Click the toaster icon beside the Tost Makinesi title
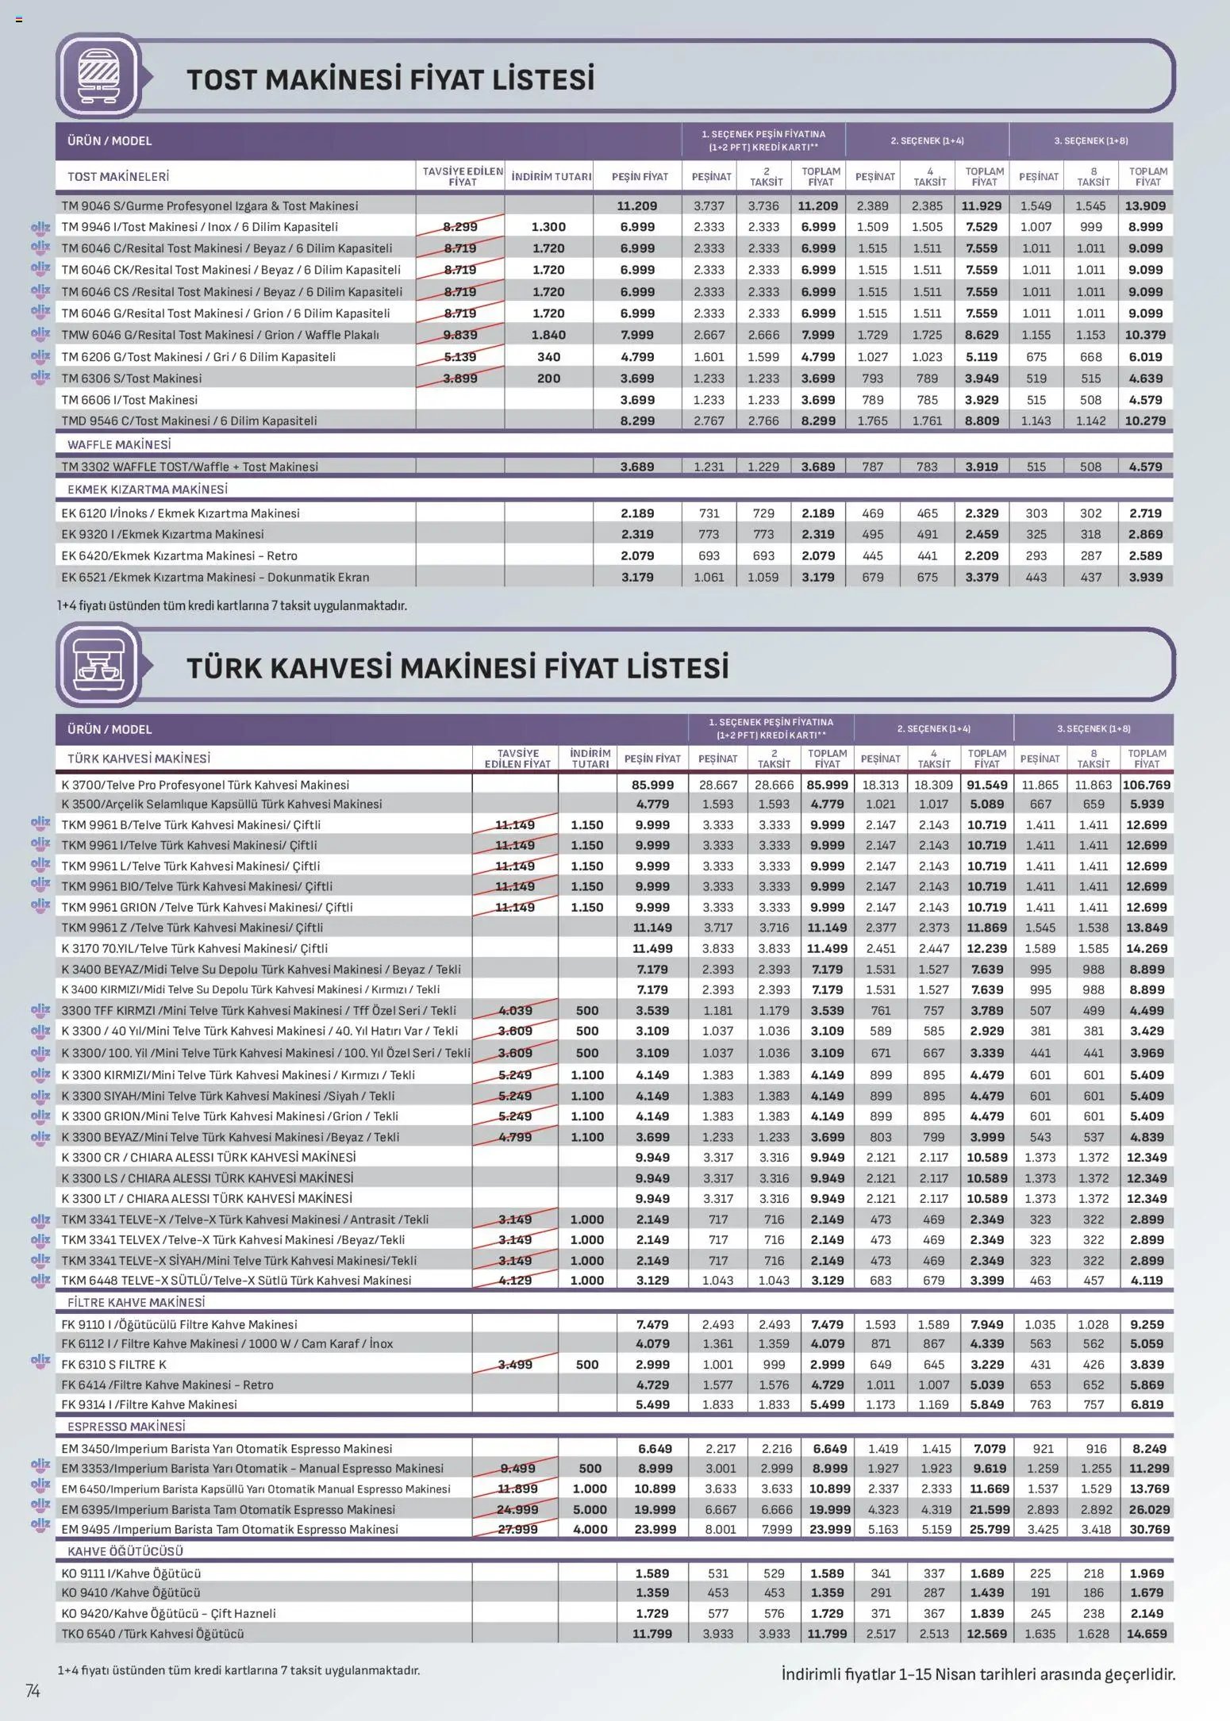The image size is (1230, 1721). click(98, 76)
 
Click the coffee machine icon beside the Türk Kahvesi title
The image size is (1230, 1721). click(98, 664)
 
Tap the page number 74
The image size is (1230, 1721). click(33, 1691)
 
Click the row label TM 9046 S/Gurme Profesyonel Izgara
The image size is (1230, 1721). click(209, 206)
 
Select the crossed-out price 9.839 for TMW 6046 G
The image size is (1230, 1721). click(460, 335)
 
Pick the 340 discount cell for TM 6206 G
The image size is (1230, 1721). click(548, 357)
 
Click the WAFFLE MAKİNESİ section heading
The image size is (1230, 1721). click(119, 444)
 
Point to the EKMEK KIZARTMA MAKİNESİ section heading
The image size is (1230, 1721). click(148, 490)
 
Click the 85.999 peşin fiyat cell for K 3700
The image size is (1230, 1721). click(652, 785)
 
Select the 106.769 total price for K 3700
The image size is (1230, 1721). click(1147, 785)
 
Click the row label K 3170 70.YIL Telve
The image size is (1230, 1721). click(194, 948)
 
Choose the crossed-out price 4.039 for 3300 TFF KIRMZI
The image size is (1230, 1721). click(515, 1010)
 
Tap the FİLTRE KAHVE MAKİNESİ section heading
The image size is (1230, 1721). click(136, 1302)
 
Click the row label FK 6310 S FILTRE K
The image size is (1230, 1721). click(114, 1364)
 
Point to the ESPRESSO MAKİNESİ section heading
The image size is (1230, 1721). click(126, 1426)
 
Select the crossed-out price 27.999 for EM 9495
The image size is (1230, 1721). click(517, 1529)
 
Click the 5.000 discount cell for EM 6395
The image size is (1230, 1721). click(590, 1509)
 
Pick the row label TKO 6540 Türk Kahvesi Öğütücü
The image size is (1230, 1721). click(152, 1634)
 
